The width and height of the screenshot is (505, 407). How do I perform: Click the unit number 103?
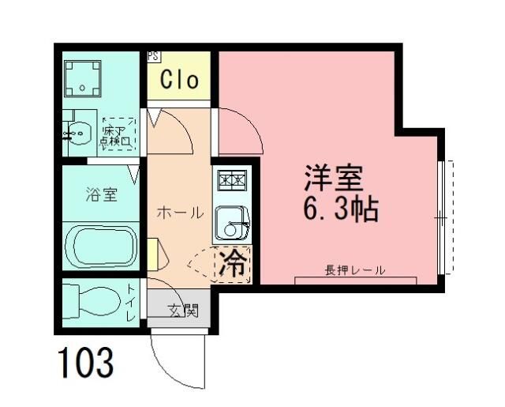(85, 363)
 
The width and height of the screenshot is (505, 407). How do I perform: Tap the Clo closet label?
(179, 79)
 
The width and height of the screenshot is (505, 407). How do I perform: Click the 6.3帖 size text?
(340, 209)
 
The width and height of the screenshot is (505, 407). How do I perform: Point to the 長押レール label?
(354, 270)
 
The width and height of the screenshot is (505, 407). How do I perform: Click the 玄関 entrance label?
(181, 310)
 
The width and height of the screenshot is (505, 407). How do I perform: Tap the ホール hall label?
(180, 213)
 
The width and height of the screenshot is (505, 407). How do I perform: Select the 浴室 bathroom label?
(101, 194)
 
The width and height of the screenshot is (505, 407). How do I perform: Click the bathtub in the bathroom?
(100, 246)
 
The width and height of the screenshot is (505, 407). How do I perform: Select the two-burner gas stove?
(231, 180)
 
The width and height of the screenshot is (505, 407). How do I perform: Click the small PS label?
(152, 57)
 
